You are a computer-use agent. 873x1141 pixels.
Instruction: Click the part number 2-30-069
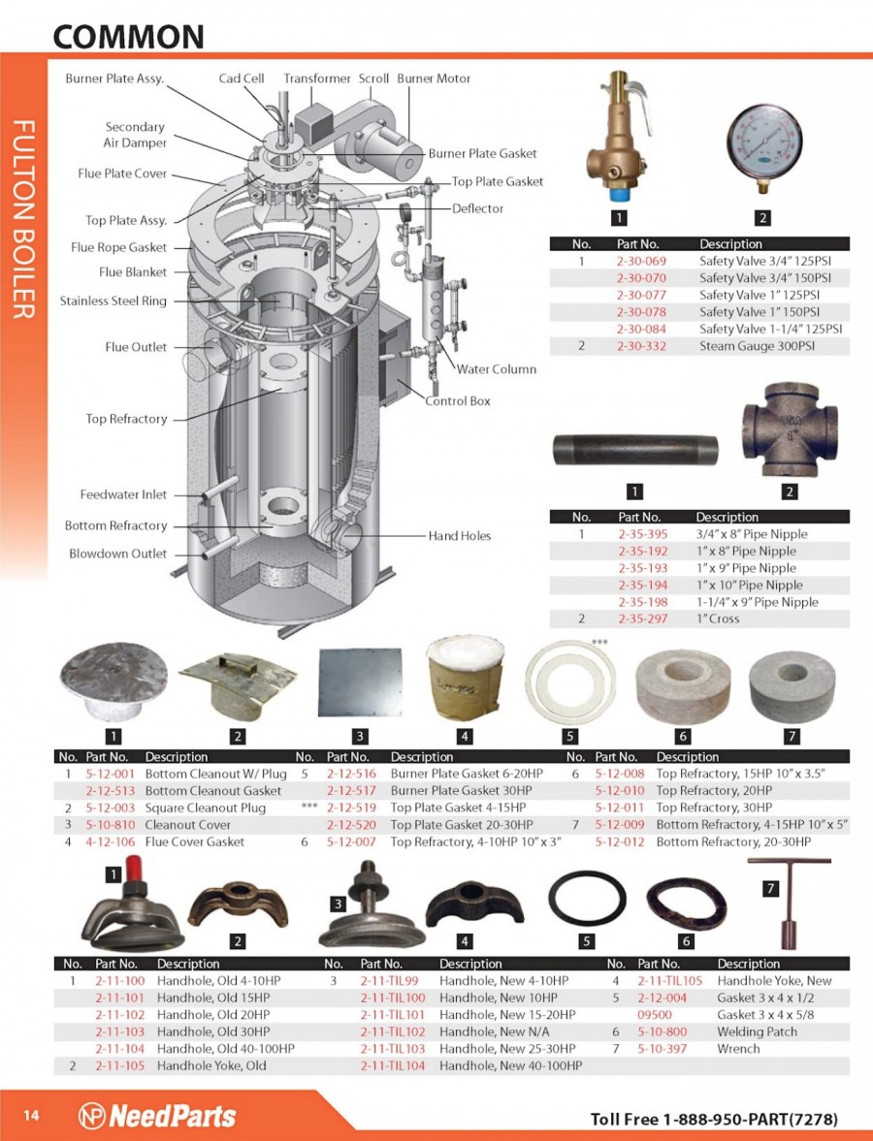[641, 261]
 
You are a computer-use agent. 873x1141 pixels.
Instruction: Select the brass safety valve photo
[618, 137]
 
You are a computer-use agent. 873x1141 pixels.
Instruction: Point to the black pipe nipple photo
[635, 450]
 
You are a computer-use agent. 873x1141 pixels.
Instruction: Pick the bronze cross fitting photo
[790, 440]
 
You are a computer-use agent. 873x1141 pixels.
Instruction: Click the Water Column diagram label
[497, 369]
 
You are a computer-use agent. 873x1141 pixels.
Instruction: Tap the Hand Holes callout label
[460, 535]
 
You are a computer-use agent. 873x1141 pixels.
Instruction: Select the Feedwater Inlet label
[123, 494]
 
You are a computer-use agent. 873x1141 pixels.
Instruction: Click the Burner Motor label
[434, 78]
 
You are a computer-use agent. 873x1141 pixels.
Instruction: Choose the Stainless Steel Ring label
[113, 301]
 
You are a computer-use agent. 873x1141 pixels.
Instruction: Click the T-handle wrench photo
[789, 903]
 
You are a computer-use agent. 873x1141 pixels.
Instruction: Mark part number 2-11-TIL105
[670, 980]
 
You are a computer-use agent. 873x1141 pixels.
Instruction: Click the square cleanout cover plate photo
[361, 682]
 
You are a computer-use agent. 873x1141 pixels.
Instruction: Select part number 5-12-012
[620, 841]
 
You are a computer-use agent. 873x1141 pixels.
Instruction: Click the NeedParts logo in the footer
[157, 1116]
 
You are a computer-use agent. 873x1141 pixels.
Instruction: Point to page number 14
[31, 1116]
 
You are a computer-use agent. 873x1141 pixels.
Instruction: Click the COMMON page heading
[128, 37]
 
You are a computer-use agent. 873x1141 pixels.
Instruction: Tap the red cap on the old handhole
[133, 869]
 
